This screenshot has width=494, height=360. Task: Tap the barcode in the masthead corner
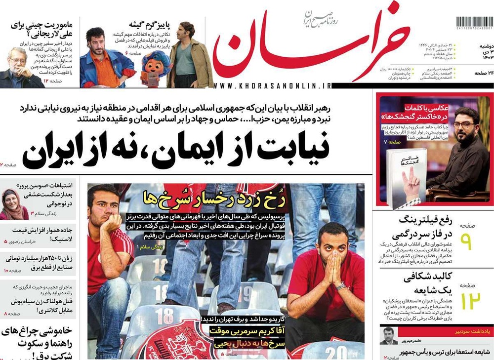click(474, 23)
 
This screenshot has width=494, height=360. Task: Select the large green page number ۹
click(467, 242)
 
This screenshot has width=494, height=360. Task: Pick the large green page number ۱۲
click(467, 301)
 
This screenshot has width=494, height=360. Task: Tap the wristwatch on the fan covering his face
click(340, 286)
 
